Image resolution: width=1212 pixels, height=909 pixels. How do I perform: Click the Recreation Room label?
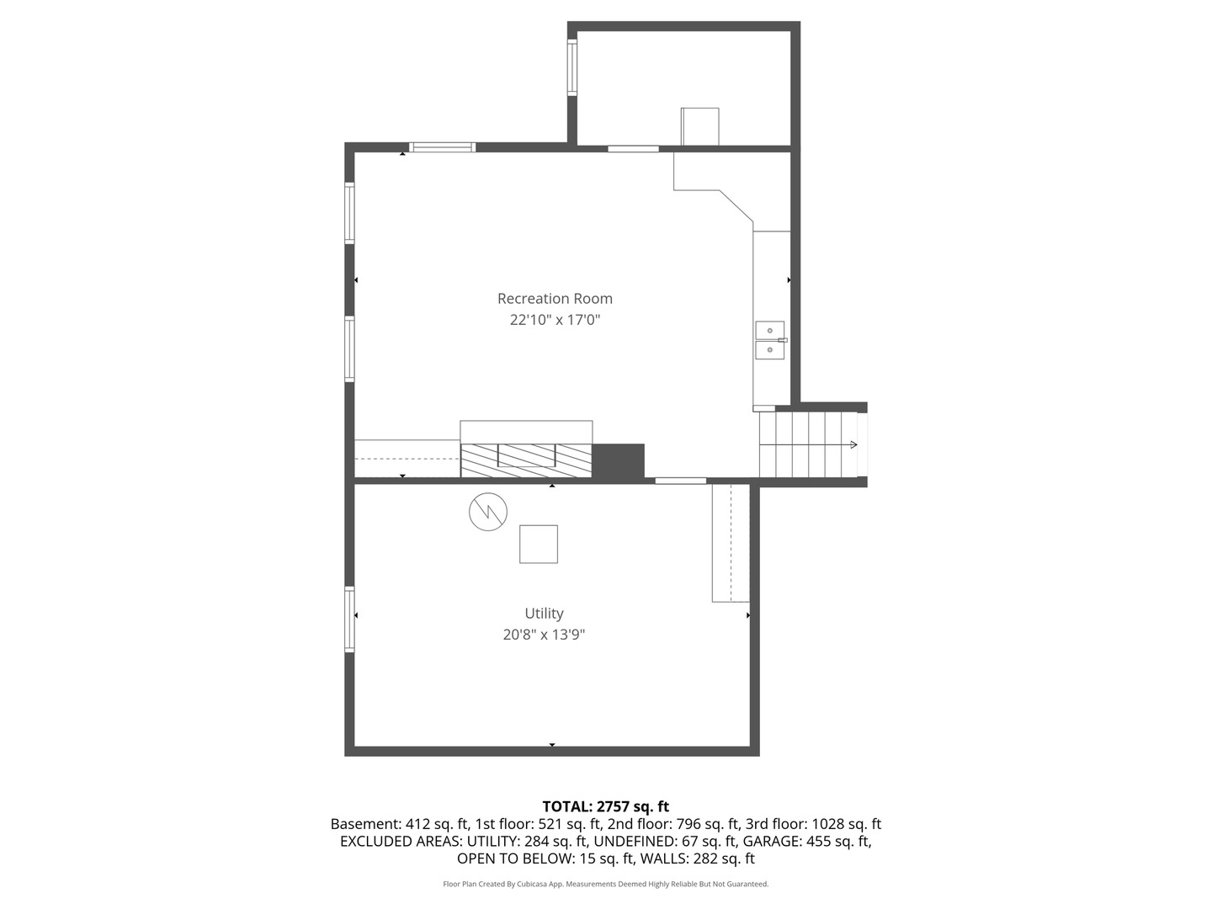point(555,299)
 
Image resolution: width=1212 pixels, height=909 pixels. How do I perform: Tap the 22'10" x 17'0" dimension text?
point(555,320)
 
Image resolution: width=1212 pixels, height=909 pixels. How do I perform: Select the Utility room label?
point(544,614)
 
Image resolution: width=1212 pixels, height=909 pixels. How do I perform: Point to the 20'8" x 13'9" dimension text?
point(544,635)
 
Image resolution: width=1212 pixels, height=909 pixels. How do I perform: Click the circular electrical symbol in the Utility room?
point(488,511)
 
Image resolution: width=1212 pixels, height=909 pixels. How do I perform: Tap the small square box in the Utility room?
point(539,544)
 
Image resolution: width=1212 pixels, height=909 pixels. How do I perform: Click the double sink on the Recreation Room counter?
point(770,340)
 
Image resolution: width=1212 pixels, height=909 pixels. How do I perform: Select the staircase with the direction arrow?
point(808,444)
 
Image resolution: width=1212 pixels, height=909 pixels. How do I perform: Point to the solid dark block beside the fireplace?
point(619,461)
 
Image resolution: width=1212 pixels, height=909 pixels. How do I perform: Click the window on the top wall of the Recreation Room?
point(443,147)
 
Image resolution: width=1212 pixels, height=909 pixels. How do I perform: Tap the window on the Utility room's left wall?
point(349,619)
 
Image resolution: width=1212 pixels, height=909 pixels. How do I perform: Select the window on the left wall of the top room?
point(572,67)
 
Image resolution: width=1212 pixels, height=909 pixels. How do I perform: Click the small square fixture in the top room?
point(699,126)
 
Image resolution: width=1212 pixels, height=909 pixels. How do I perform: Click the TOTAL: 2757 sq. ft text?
point(605,806)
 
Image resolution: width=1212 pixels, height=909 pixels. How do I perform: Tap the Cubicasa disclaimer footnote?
point(605,884)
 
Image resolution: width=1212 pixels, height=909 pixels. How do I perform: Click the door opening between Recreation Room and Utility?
point(680,481)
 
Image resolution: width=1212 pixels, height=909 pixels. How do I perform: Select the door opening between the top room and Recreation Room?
point(633,149)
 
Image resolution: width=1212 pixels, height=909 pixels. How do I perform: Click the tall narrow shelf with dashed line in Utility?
point(731,543)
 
